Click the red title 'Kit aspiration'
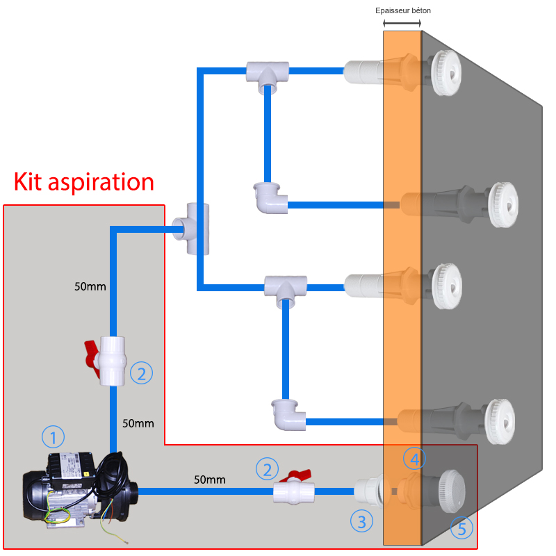coord(83,182)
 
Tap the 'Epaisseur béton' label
coord(407,10)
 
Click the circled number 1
coord(53,436)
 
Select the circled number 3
coord(361,520)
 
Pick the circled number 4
coord(414,458)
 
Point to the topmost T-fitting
coord(267,74)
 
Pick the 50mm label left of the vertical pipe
coord(90,286)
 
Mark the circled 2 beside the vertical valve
coord(141,373)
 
